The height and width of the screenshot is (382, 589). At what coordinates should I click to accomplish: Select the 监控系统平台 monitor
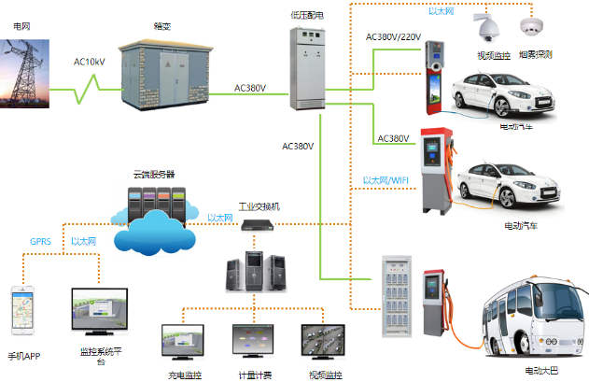point(101,314)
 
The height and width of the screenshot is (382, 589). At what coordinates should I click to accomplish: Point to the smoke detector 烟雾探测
point(535,28)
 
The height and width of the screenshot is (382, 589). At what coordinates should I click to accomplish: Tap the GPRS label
point(40,241)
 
